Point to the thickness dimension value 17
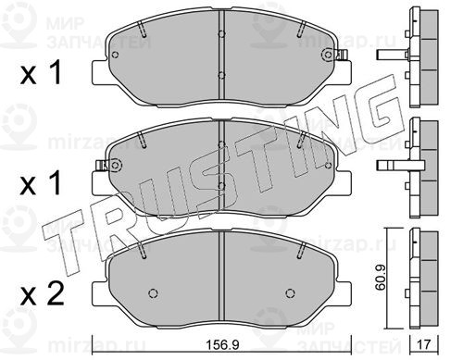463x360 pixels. click(x=424, y=344)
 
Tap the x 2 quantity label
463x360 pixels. click(x=42, y=294)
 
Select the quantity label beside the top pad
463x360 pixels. click(x=41, y=73)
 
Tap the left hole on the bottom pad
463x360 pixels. click(x=153, y=292)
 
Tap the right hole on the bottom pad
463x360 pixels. click(x=290, y=292)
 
